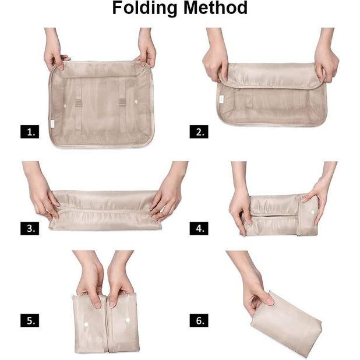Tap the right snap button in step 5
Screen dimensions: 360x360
pyautogui.click(x=128, y=320)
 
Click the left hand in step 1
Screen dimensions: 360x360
pyautogui.click(x=55, y=55)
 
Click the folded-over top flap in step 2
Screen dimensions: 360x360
pyautogui.click(x=273, y=76)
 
